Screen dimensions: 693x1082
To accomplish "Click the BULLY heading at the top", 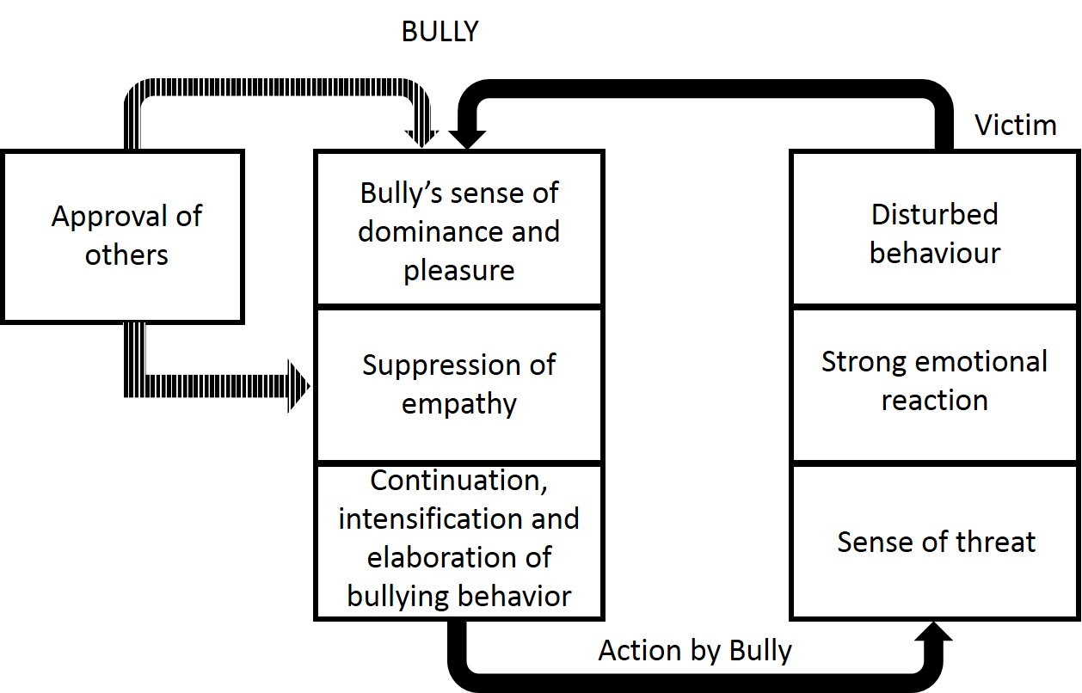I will (x=440, y=32).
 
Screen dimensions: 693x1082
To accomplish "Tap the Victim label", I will (x=1015, y=126).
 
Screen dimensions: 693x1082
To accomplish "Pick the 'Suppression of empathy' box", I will (x=458, y=383).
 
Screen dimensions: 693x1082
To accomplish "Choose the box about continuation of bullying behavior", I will (x=458, y=539).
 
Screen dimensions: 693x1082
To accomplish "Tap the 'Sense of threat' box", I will (x=934, y=541).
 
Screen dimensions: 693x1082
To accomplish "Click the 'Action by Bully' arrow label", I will (x=695, y=650).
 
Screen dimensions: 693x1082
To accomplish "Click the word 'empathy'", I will (x=458, y=403).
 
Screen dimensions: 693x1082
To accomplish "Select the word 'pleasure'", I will (x=458, y=270).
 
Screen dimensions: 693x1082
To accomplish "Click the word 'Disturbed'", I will (x=934, y=213).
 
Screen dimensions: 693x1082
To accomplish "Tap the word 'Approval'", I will (x=101, y=216).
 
